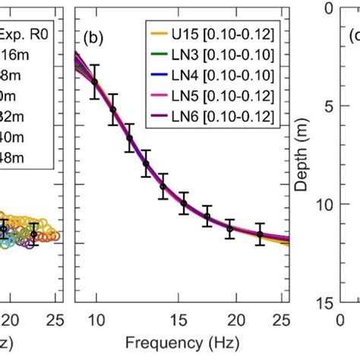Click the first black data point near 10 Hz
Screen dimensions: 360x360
pyautogui.click(x=94, y=81)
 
